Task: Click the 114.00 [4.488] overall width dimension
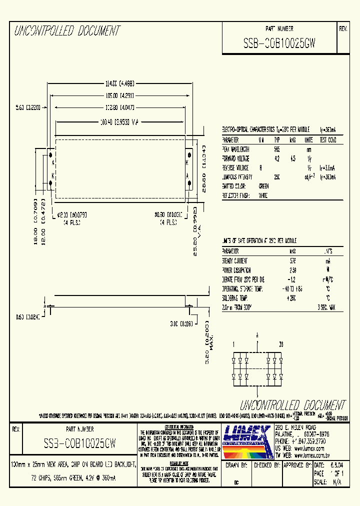point(119,83)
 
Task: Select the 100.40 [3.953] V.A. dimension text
point(119,121)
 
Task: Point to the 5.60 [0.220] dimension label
point(28,106)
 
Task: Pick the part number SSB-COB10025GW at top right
point(279,43)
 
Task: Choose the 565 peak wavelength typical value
point(276,149)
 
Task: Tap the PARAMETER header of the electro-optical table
point(230,140)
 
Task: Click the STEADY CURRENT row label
point(235,261)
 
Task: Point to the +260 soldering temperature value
point(292,298)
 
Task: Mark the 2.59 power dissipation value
point(293,270)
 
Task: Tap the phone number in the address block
point(301,442)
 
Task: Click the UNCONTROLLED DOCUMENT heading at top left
point(67,31)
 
